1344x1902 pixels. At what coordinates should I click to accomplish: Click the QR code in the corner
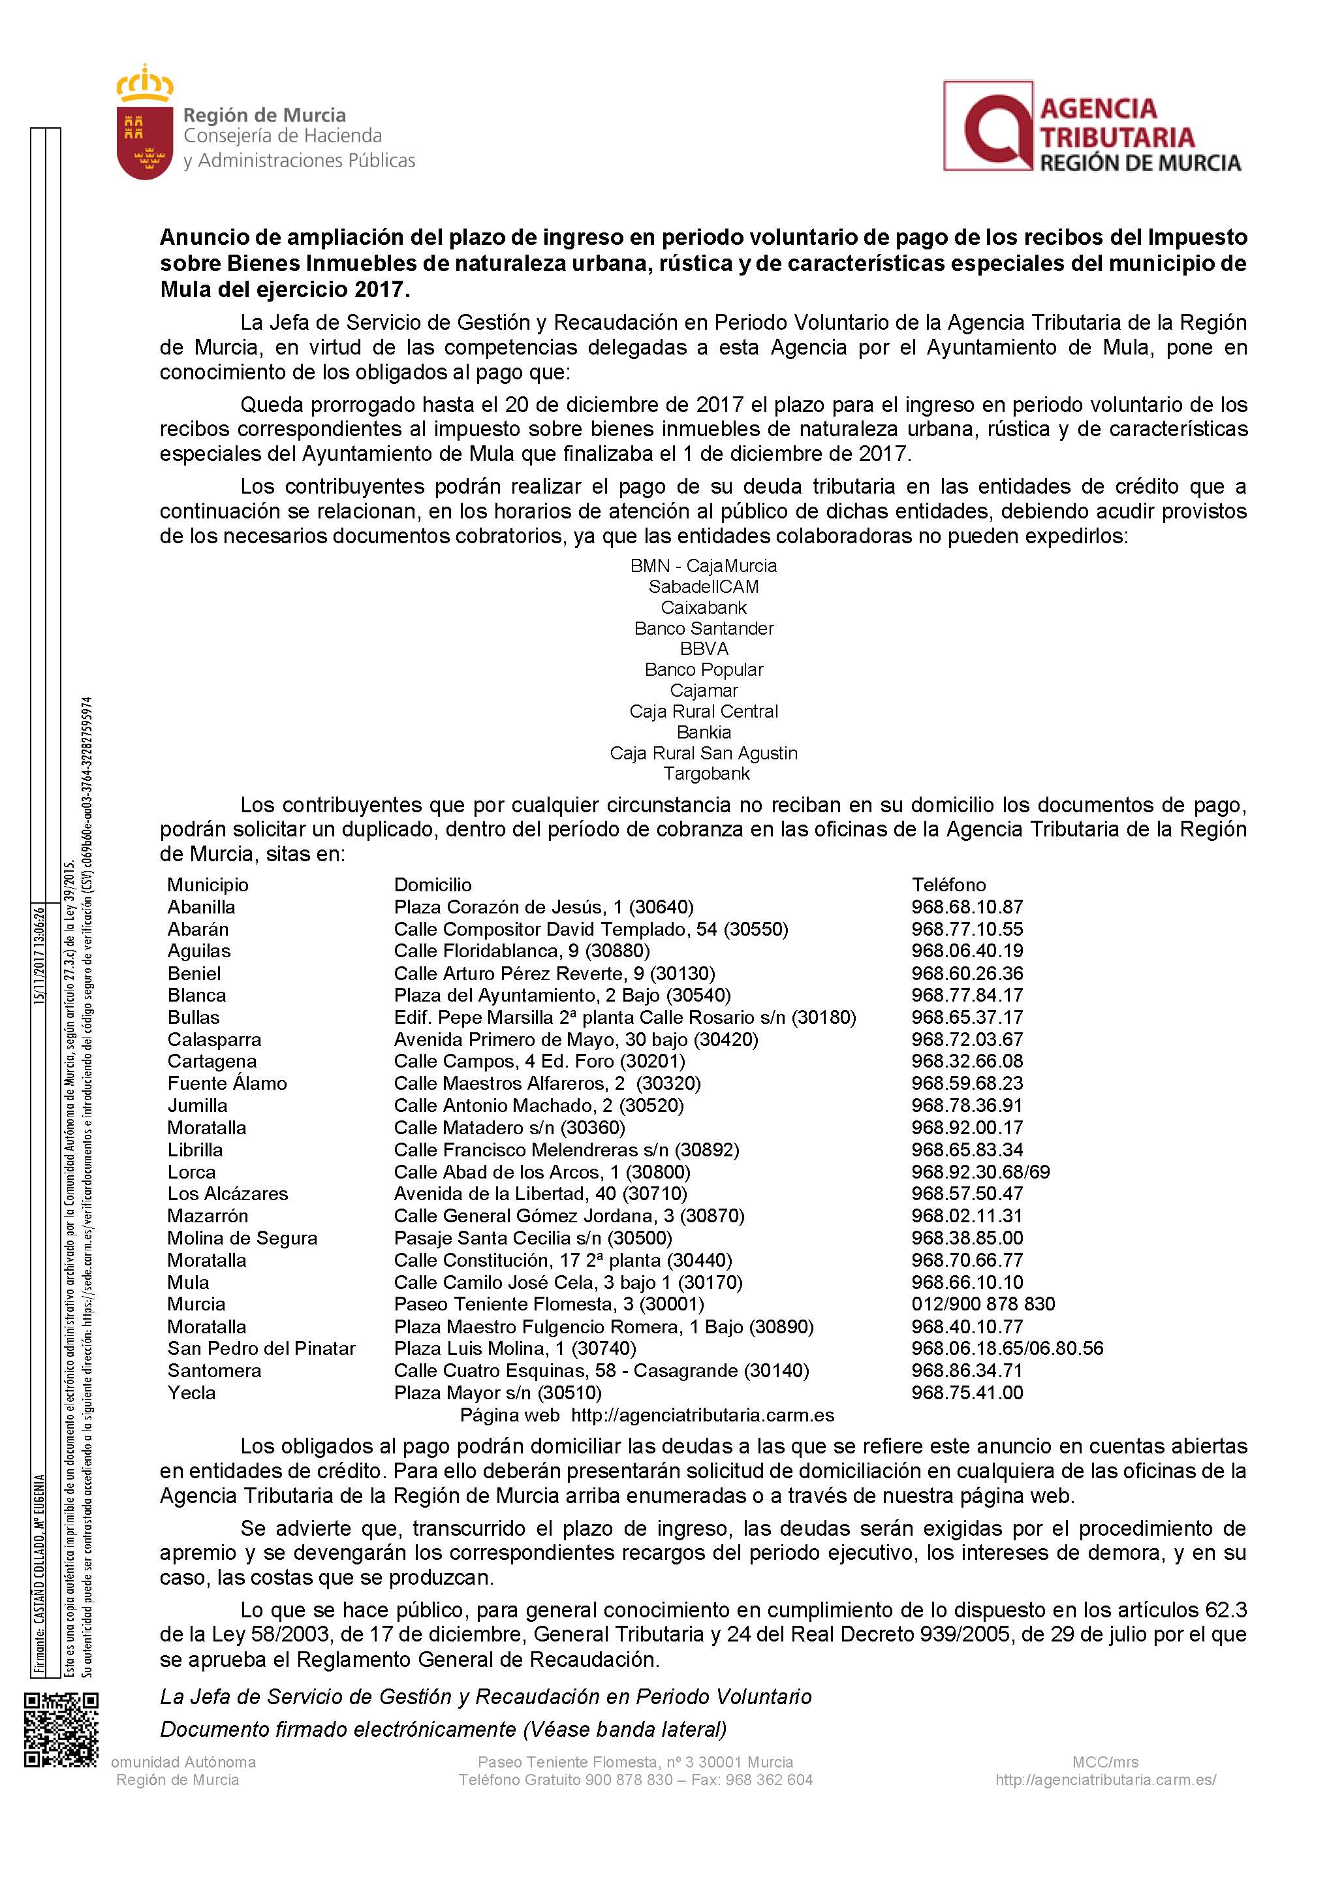(x=61, y=1730)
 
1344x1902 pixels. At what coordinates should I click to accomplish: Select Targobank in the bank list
(x=706, y=774)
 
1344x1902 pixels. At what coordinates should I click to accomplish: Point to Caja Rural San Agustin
(x=704, y=753)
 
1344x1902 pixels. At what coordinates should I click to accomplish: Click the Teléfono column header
(x=948, y=885)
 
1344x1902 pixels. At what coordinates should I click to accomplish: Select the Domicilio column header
(x=432, y=885)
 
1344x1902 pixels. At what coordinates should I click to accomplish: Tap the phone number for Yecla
(x=967, y=1393)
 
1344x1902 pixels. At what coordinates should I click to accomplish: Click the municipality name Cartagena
(x=212, y=1061)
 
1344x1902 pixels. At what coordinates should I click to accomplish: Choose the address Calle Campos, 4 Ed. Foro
(x=539, y=1061)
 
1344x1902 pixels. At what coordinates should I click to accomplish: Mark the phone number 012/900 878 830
(x=983, y=1304)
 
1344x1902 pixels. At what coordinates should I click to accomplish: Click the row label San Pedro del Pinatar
(x=261, y=1348)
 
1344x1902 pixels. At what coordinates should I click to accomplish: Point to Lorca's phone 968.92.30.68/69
(x=980, y=1171)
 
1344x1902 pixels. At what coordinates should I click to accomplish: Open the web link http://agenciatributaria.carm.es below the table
(x=702, y=1415)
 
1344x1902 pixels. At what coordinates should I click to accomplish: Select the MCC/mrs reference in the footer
(x=1104, y=1762)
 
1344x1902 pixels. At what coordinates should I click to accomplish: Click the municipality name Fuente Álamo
(x=227, y=1083)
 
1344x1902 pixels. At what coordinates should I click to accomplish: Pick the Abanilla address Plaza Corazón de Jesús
(x=543, y=907)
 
